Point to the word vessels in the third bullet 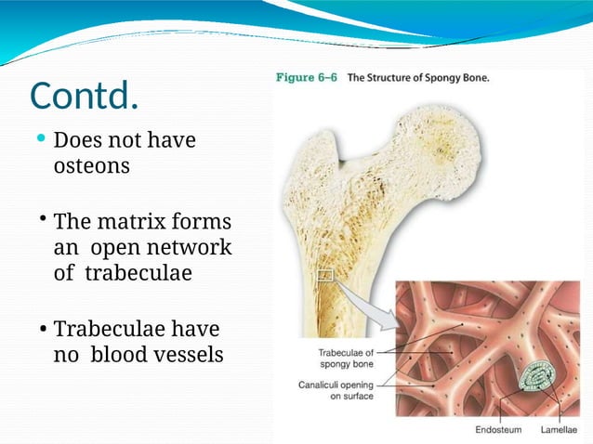190,354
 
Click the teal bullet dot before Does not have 41,140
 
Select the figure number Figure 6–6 307,78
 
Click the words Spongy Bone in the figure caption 455,78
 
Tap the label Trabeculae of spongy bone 346,359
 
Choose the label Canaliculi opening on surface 337,389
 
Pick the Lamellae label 559,431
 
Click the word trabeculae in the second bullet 138,274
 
